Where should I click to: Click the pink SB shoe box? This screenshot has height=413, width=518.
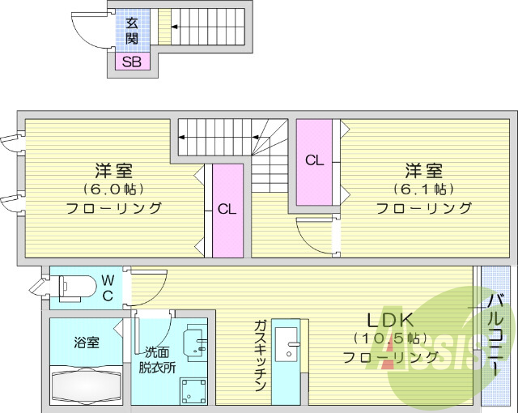(x=133, y=62)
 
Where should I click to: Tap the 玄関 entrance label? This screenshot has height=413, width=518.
(x=131, y=31)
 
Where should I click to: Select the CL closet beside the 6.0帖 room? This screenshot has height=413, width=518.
(x=227, y=210)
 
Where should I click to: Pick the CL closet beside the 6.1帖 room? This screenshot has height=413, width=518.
(x=315, y=161)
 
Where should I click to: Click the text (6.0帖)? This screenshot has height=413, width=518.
(x=113, y=189)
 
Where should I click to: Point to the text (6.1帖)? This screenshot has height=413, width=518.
(x=423, y=189)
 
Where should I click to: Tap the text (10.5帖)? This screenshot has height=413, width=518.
(x=392, y=338)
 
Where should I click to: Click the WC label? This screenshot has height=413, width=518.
(x=108, y=287)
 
